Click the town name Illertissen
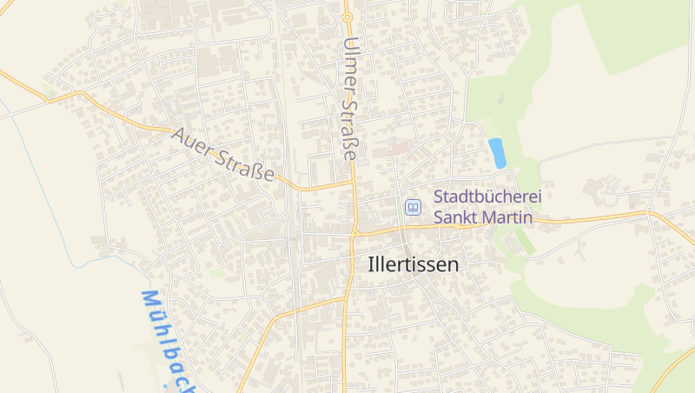(413, 265)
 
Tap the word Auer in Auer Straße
(192, 143)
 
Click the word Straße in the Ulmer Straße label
(349, 131)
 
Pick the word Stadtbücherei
(487, 197)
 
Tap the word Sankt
(459, 217)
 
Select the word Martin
(510, 217)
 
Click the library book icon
(413, 207)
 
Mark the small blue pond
(497, 152)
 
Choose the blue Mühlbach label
(165, 339)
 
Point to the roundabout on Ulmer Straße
(347, 16)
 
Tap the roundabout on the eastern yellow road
(648, 211)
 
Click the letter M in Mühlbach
(148, 300)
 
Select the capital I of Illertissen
(372, 264)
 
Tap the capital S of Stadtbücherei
(439, 197)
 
